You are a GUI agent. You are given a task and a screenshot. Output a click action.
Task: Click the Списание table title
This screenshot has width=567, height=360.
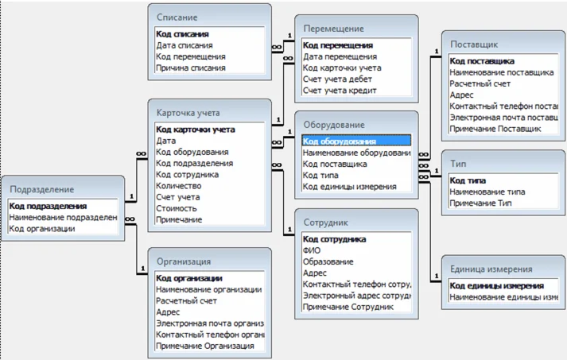click(x=177, y=17)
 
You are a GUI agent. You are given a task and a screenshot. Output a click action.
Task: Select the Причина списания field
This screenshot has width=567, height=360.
click(x=191, y=68)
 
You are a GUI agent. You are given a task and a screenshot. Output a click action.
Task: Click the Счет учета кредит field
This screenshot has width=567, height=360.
click(x=340, y=91)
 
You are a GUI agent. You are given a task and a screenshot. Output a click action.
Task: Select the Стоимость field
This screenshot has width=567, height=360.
click(x=177, y=207)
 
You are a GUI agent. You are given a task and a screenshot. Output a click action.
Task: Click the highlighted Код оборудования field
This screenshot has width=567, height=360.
click(x=340, y=141)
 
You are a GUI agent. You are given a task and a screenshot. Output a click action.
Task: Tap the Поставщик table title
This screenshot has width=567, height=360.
click(x=476, y=44)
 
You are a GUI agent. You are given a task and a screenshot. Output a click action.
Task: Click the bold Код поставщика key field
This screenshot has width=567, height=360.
click(x=482, y=60)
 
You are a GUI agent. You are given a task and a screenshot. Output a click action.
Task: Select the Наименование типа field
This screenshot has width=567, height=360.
click(x=487, y=192)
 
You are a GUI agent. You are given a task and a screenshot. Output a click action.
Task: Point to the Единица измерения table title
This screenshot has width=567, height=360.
click(x=491, y=269)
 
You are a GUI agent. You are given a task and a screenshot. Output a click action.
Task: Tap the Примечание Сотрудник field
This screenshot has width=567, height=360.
click(x=348, y=306)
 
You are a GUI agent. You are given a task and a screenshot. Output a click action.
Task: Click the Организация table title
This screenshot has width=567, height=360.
click(x=184, y=261)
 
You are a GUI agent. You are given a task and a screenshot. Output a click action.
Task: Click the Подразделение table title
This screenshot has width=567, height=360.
click(x=42, y=189)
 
